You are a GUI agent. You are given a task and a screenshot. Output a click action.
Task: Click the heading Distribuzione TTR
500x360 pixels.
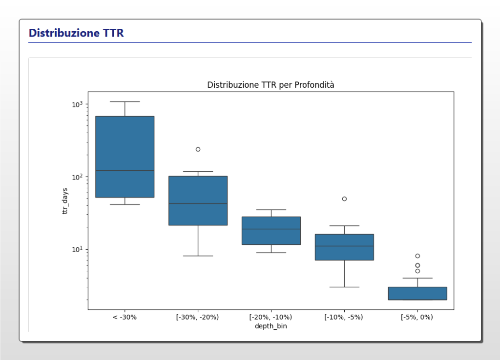pos(76,33)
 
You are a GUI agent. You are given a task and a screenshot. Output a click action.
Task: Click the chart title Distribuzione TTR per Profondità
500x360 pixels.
pos(271,85)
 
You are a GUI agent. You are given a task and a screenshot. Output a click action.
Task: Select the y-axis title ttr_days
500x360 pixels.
pos(65,201)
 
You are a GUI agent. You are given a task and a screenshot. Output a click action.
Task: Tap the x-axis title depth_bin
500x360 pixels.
pos(271,326)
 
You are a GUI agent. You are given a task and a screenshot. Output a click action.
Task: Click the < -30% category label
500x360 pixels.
pos(125,317)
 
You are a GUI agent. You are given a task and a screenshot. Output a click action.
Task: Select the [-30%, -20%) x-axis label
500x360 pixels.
pos(198,317)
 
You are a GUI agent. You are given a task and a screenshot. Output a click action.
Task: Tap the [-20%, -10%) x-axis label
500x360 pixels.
pos(271,317)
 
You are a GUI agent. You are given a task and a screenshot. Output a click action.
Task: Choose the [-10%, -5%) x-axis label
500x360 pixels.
pos(344,317)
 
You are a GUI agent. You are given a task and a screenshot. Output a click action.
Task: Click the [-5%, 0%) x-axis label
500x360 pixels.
pos(417,317)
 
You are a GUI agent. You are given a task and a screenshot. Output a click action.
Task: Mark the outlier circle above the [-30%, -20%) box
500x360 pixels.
pos(198,149)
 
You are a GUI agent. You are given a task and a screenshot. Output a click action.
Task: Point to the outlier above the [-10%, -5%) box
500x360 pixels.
pos(344,199)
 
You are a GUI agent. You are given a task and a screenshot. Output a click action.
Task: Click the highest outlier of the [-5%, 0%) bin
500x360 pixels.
pos(417,256)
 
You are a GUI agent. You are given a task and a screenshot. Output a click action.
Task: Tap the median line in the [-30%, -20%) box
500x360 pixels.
pos(198,203)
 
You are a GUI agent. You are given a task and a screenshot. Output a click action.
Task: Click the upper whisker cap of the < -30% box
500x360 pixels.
pos(125,102)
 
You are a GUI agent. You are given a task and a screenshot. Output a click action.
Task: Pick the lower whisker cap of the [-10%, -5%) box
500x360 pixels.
pos(344,287)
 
